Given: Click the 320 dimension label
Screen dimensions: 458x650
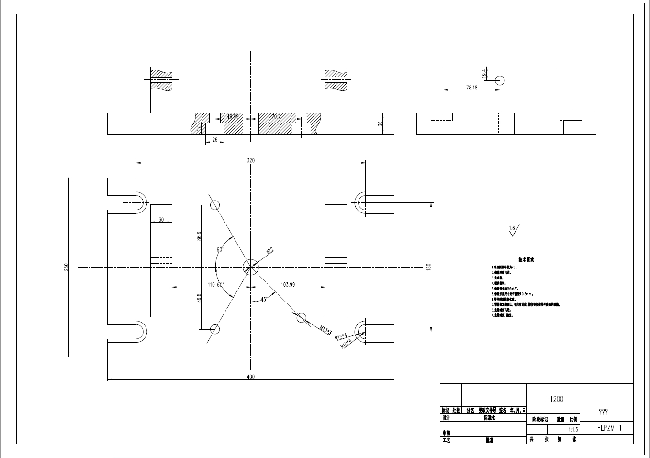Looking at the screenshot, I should point(250,160).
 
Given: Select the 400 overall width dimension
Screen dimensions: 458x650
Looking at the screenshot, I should point(250,377).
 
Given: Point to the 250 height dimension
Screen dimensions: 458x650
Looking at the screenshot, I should point(67,267).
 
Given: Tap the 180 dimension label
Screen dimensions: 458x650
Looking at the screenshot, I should point(429,267).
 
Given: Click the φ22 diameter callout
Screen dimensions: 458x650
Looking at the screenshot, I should point(269,250).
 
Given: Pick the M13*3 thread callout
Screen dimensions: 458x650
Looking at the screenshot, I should point(325,330).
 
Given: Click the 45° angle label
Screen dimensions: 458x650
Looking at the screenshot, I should point(263,299).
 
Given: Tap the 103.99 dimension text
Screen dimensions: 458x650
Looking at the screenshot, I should point(288,284).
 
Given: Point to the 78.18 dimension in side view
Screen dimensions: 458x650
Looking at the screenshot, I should point(471,88).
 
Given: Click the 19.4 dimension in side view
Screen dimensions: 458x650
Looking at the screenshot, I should point(484,73).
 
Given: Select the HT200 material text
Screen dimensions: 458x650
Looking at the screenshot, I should point(554,399).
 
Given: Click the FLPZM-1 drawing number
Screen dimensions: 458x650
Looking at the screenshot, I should point(609,428).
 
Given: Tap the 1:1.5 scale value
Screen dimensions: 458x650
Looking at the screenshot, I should point(573,430).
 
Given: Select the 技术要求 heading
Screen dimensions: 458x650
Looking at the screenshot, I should point(526,259).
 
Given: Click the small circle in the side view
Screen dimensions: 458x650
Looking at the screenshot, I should point(500,80).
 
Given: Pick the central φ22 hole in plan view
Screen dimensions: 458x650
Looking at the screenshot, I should point(250,267).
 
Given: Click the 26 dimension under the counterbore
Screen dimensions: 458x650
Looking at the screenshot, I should point(214,140).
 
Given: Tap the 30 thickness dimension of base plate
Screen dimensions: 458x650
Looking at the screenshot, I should point(381,123).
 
